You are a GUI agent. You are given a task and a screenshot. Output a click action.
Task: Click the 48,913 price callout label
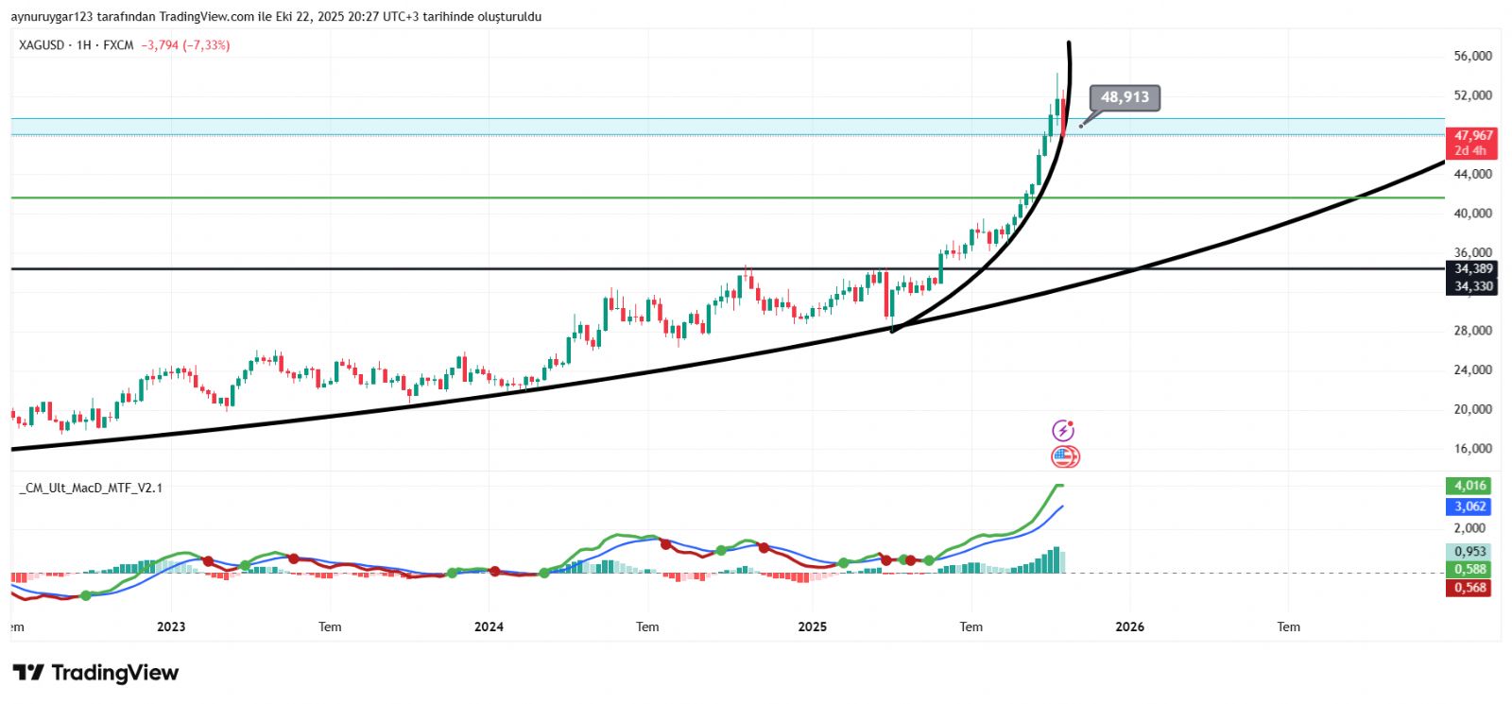[1125, 97]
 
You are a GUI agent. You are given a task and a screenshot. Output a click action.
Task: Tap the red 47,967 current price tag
[1472, 136]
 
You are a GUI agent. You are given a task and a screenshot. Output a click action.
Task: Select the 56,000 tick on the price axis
[1472, 57]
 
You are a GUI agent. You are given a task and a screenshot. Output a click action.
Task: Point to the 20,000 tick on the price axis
[1472, 409]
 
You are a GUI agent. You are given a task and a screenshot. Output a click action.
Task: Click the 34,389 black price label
[1472, 269]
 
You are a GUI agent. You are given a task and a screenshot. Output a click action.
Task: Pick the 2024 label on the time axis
[489, 627]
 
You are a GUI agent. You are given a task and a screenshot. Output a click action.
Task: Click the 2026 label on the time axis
[1129, 627]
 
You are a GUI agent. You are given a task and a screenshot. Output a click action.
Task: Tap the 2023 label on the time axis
[171, 627]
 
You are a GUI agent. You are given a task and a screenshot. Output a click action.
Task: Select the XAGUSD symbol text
[42, 45]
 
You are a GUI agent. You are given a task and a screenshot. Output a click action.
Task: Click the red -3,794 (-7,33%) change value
[185, 45]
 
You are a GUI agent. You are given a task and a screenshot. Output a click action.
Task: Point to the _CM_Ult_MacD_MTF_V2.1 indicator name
[91, 488]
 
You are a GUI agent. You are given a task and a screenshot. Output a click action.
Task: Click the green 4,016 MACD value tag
[1470, 486]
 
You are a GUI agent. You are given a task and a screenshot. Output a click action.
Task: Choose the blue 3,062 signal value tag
[1470, 507]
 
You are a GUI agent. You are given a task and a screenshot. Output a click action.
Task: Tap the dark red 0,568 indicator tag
[1470, 588]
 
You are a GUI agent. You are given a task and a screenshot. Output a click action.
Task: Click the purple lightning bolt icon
[1063, 431]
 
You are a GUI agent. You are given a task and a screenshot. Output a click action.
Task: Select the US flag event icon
[1065, 457]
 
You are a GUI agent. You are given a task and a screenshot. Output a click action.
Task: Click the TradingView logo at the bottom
[95, 673]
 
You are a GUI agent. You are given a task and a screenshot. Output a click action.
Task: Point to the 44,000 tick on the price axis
[1472, 174]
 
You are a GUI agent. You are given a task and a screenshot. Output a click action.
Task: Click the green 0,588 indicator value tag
[1470, 569]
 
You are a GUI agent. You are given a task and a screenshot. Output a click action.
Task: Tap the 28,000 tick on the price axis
[1472, 331]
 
